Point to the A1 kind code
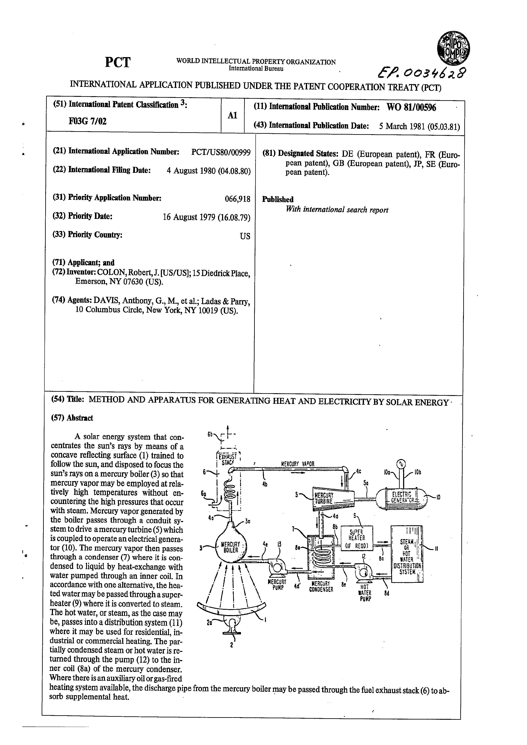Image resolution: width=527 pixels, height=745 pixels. tap(232, 115)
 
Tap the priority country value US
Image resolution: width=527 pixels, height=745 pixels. tap(245, 236)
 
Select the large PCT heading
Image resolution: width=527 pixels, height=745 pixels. tap(118, 62)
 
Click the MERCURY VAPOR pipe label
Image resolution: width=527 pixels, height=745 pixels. tap(298, 464)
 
